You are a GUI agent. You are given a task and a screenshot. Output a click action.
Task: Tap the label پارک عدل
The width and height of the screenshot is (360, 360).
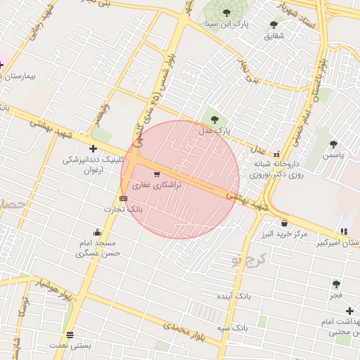pyautogui.click(x=214, y=131)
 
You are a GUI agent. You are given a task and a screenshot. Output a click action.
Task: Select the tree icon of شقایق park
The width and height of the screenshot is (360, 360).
pyautogui.click(x=274, y=25)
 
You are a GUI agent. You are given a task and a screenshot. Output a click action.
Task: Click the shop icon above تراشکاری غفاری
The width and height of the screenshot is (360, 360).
pyautogui.click(x=156, y=173)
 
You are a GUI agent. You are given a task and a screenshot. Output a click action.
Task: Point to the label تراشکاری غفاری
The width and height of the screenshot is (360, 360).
pyautogui.click(x=158, y=184)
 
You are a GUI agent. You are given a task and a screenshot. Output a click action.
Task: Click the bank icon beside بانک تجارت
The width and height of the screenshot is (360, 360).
pyautogui.click(x=124, y=198)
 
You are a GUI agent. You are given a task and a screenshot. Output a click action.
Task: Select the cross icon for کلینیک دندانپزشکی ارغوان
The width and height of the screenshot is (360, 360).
pyautogui.click(x=93, y=148)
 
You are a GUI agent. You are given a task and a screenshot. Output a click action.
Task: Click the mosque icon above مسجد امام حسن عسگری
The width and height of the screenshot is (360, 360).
pyautogui.click(x=97, y=232)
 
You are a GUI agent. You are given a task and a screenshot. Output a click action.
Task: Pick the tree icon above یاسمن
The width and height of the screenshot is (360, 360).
pyautogui.click(x=333, y=144)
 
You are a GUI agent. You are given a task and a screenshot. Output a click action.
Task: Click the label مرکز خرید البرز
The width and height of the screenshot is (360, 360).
pyautogui.click(x=282, y=233)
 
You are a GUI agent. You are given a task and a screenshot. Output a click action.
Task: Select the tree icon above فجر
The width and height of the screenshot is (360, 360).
pyautogui.click(x=336, y=284)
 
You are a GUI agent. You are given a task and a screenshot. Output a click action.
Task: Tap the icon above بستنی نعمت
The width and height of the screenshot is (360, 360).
pyautogui.click(x=69, y=335)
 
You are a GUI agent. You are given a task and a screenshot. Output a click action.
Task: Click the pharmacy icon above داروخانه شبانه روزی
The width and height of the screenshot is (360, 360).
pyautogui.click(x=276, y=154)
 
